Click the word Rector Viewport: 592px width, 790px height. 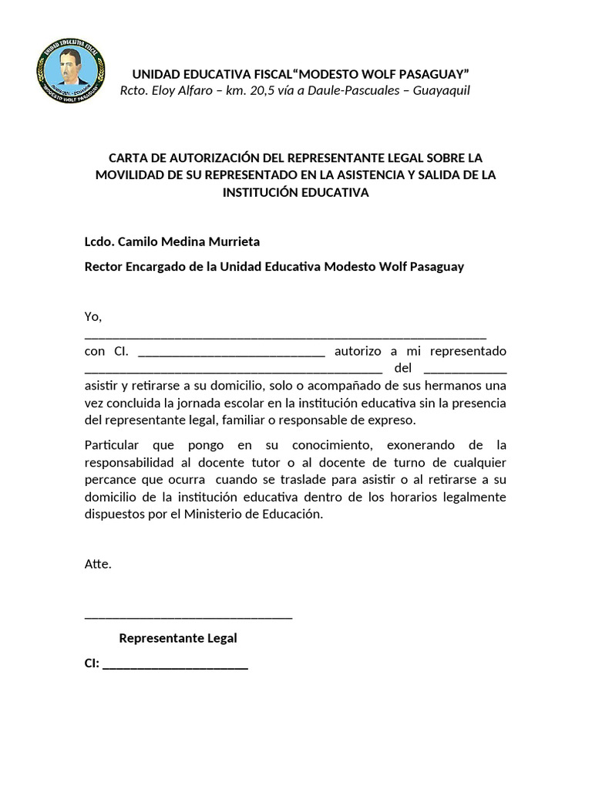103,267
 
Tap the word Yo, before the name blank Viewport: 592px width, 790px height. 93,317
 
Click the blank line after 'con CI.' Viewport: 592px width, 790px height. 230,354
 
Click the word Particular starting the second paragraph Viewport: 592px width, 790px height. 112,446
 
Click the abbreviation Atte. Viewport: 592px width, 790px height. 98,564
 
